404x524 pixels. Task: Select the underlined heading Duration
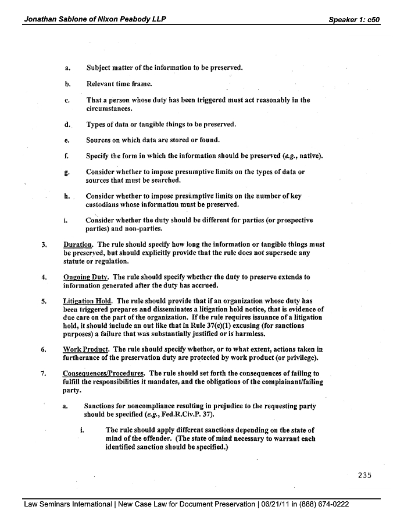point(78,245)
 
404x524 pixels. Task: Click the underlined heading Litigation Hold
point(88,301)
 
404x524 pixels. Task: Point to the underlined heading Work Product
point(86,349)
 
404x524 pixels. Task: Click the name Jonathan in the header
point(42,19)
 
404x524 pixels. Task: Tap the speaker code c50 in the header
point(372,19)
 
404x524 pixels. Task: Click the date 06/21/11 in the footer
point(278,504)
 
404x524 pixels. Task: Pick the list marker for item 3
point(44,245)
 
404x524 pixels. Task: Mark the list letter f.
point(67,156)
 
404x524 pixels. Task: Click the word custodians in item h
point(105,205)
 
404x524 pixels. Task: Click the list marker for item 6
point(44,349)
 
